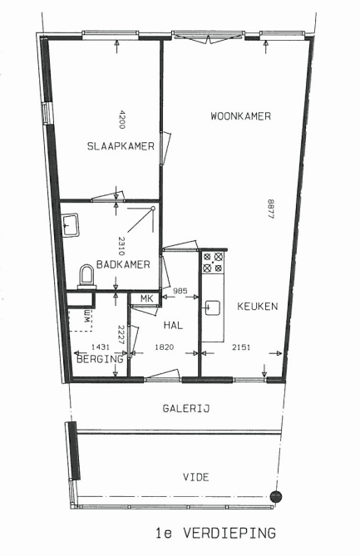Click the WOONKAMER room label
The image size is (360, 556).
[x=241, y=116]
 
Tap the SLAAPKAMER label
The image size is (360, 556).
[x=121, y=146]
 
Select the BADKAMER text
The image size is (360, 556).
[x=123, y=264]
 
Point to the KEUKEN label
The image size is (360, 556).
[x=258, y=307]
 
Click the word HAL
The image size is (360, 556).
[x=174, y=325]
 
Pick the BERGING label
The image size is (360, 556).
[x=100, y=359]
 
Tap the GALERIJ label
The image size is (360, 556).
[x=186, y=409]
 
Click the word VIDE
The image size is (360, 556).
[x=196, y=477]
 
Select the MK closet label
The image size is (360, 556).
[x=146, y=298]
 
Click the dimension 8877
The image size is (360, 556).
[x=270, y=209]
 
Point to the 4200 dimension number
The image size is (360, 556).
[x=121, y=120]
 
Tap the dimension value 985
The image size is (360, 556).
[x=180, y=291]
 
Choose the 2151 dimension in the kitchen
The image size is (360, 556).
[x=241, y=347]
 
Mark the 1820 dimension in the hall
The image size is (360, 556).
[x=165, y=347]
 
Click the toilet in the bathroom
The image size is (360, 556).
[x=86, y=277]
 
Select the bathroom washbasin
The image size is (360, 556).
[x=70, y=224]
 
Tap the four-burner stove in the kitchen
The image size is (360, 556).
[x=213, y=262]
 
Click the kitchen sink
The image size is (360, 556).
[x=213, y=308]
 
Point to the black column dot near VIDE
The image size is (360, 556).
[x=275, y=496]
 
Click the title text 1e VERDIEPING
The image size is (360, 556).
[x=215, y=533]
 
